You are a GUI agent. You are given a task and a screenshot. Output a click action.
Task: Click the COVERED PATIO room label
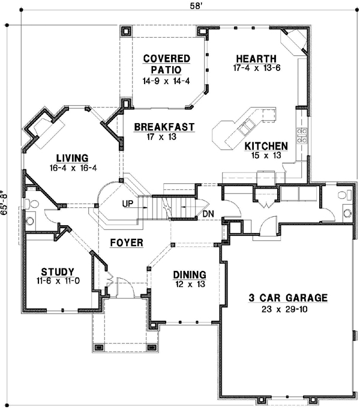pos(166,64)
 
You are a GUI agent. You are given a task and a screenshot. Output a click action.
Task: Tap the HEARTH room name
pos(256,58)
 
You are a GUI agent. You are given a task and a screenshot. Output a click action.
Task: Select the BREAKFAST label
pos(164,127)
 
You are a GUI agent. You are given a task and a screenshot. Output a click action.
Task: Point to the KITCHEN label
pos(266,146)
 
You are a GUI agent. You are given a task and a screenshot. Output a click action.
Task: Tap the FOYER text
pos(126,243)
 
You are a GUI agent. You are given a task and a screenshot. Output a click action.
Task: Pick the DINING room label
pos(190,274)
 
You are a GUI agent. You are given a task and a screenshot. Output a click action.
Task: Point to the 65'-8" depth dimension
pos(5,202)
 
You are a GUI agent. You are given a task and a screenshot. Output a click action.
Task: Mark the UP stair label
pos(127,204)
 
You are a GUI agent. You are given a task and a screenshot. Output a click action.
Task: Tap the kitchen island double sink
pos(247,127)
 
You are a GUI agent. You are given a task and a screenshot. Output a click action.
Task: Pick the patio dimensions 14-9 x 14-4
pos(166,80)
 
